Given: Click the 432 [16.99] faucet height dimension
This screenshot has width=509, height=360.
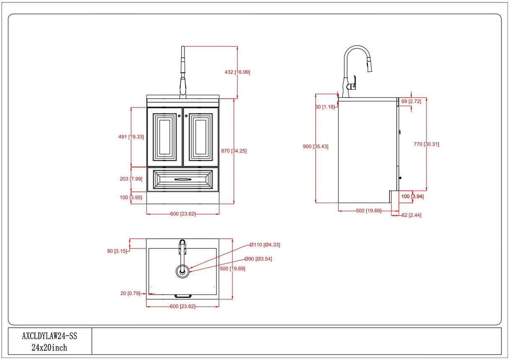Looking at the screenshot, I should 237,72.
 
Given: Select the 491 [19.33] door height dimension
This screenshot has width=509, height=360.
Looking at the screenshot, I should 131,137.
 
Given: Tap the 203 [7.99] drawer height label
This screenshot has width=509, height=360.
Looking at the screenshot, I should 131,179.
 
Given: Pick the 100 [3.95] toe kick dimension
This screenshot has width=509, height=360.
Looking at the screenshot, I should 131,197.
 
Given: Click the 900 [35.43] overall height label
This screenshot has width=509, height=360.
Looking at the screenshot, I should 315,146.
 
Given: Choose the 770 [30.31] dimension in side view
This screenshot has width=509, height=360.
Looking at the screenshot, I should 426,144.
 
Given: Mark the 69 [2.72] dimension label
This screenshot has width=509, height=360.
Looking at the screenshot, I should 411,102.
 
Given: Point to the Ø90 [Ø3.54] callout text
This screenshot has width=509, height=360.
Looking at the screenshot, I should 258,259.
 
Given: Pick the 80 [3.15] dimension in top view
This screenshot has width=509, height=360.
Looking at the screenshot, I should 117,251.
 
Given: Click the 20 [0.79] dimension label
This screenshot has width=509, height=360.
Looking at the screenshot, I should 130,293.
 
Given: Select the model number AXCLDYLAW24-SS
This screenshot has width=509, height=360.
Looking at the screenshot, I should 49,336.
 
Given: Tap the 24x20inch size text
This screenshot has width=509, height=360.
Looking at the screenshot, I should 49,347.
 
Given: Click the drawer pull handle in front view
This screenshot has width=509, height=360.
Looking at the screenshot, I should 182,180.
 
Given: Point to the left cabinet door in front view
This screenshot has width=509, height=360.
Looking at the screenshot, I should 165,137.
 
